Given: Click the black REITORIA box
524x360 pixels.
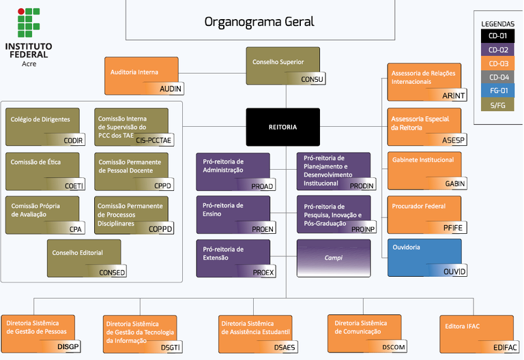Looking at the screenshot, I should [282, 127].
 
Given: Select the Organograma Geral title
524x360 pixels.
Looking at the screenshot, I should [259, 21].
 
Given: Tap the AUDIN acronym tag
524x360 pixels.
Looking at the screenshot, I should [171, 89].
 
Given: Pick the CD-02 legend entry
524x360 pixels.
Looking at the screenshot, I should [498, 50].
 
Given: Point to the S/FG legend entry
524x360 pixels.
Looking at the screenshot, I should [498, 104].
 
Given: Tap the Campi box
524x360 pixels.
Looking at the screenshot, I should [333, 258].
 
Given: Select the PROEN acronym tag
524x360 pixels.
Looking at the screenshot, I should [263, 229].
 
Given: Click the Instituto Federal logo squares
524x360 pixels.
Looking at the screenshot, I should [29, 24].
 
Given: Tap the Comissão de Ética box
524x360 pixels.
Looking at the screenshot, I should [42, 170].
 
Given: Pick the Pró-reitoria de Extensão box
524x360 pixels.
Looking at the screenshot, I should [236, 258].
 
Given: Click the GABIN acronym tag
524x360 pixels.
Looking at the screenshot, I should [454, 184].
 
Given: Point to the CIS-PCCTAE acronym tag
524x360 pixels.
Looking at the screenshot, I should [154, 140].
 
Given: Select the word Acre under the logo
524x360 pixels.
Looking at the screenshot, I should [29, 63].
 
